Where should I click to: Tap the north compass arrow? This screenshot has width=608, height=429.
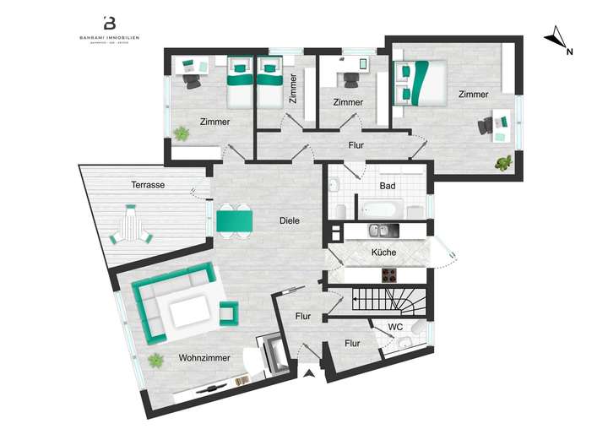click(x=556, y=39)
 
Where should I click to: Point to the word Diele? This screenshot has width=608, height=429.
click(x=290, y=221)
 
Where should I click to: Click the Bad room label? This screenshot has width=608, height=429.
click(x=388, y=185)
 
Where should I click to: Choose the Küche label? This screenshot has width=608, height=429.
click(x=384, y=253)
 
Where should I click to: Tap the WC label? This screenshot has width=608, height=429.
click(x=394, y=327)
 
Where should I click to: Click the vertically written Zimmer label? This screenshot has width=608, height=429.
click(x=292, y=90)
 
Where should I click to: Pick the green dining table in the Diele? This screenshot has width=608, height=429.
click(x=234, y=220)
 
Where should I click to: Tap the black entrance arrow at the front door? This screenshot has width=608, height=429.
click(x=310, y=373)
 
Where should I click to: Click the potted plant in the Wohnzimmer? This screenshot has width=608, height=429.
click(x=155, y=361)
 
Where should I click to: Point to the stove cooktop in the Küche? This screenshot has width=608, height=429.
click(x=390, y=274)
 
